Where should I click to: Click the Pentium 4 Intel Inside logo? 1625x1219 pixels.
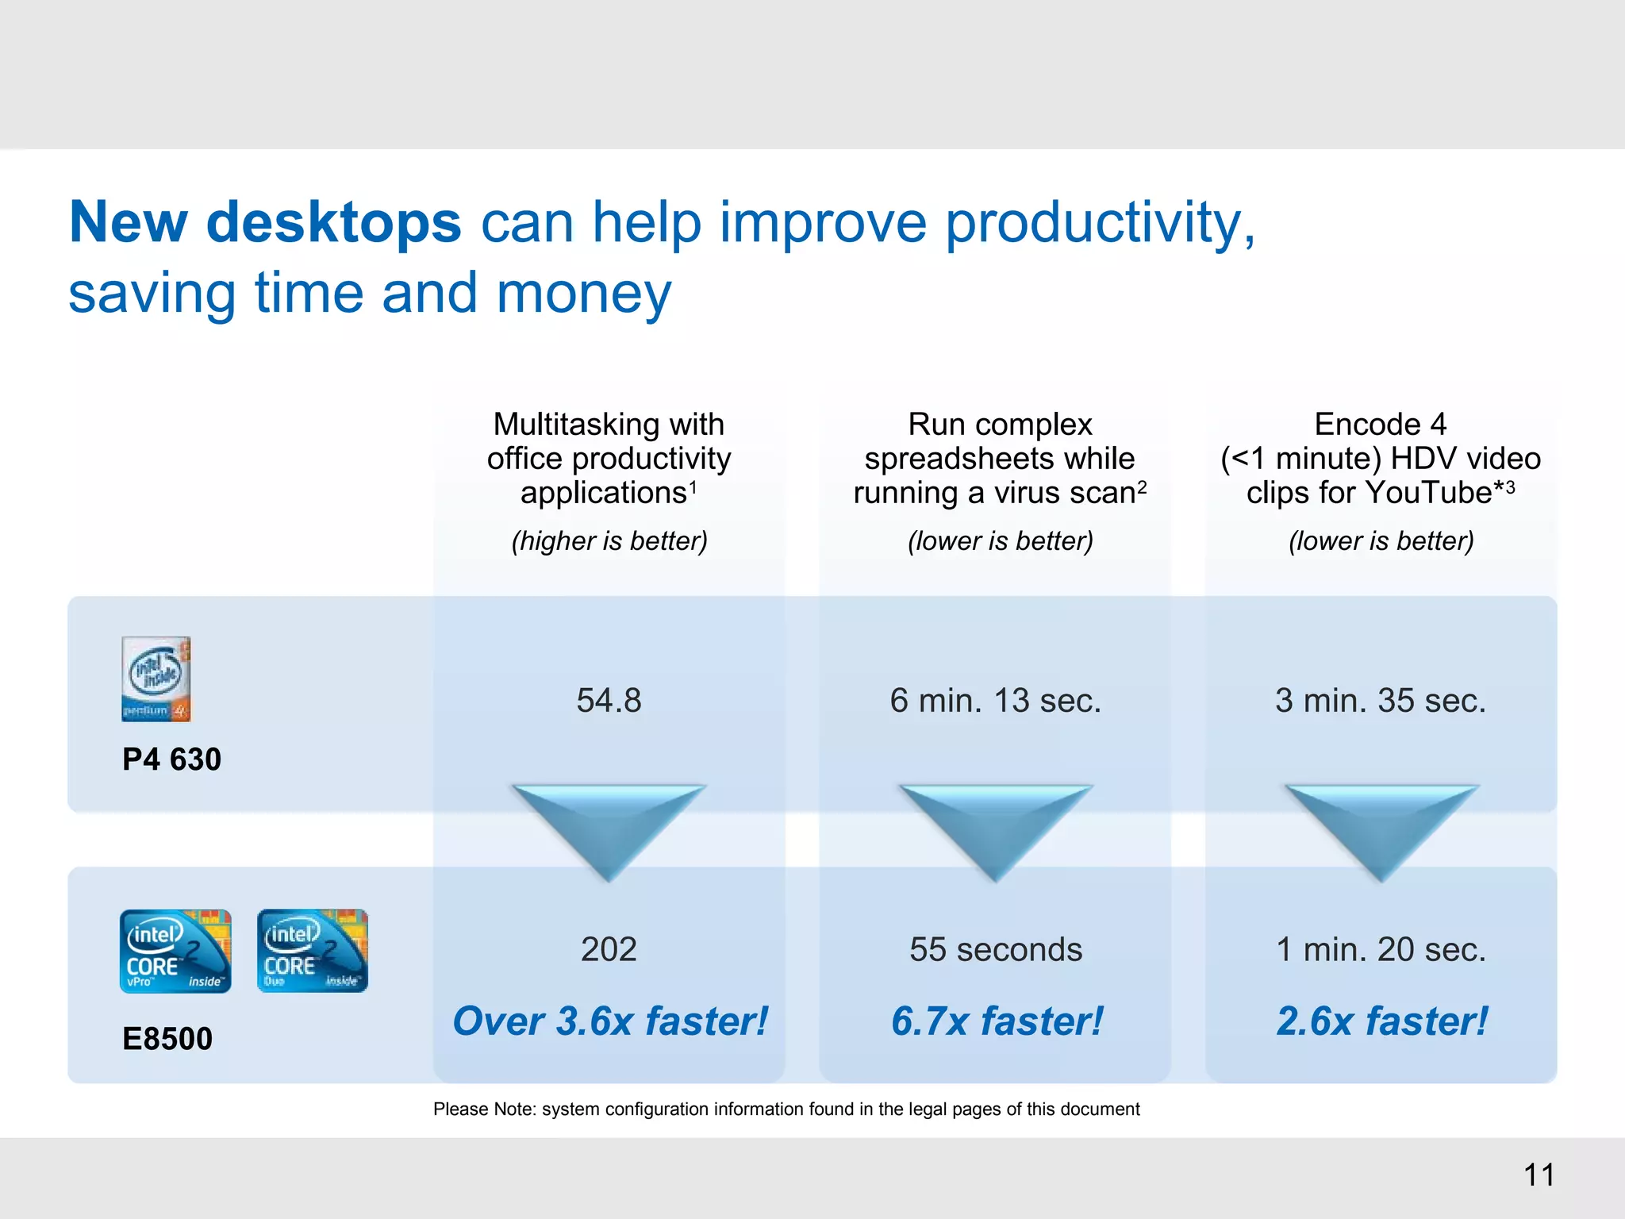pos(156,679)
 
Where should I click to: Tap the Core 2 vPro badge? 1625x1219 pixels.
pos(175,951)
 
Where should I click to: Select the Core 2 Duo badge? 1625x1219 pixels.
pos(313,951)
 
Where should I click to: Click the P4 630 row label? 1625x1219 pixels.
pos(171,759)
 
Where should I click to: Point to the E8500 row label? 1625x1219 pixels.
pos(167,1039)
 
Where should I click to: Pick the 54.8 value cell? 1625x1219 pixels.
pos(609,701)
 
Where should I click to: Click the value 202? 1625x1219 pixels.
pos(609,949)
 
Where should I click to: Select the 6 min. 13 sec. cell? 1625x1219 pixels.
pos(995,701)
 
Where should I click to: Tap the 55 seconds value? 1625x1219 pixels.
pos(995,949)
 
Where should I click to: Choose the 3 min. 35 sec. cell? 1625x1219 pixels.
pos(1380,701)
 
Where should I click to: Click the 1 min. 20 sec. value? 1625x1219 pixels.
pos(1380,949)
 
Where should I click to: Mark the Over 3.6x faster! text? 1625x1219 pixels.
pos(609,1021)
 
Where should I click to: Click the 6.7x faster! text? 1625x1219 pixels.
pos(997,1021)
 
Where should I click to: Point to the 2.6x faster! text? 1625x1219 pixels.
pos(1381,1021)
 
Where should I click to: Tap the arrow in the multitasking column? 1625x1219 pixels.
pos(609,825)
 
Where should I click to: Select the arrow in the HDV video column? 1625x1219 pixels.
pos(1381,825)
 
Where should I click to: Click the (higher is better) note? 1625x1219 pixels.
pos(609,541)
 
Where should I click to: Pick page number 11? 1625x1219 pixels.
pos(1539,1175)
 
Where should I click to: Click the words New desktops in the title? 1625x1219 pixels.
pos(265,221)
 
